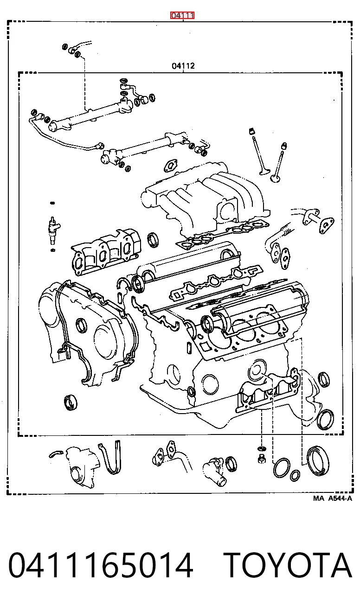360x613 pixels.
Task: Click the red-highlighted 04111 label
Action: (x=182, y=15)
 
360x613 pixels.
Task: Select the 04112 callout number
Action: (x=183, y=66)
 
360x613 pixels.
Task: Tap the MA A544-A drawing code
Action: (x=332, y=498)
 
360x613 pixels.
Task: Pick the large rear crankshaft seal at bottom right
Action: (x=318, y=460)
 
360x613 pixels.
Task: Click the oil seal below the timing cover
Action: (x=71, y=402)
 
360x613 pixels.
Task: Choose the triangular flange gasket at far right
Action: (x=326, y=225)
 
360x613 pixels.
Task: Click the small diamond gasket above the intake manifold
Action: (x=171, y=166)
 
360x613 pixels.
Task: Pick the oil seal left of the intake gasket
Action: (x=153, y=240)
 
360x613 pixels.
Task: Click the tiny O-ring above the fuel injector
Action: (x=52, y=203)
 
